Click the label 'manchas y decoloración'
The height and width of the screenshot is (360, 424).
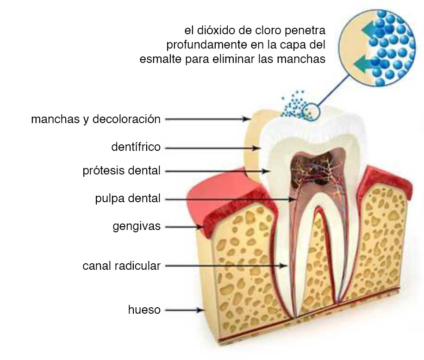(x=96, y=119)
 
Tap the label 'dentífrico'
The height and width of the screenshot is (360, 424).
(x=136, y=147)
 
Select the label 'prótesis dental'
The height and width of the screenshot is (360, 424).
(x=121, y=171)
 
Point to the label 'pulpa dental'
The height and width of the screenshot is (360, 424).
(x=128, y=199)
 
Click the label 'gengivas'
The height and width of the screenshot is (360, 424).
(x=137, y=226)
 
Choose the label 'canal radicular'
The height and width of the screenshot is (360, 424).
(x=121, y=266)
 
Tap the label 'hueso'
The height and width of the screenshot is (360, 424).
(x=144, y=310)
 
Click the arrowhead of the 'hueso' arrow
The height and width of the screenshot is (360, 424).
(x=200, y=310)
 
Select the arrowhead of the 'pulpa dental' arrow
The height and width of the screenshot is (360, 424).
(x=293, y=199)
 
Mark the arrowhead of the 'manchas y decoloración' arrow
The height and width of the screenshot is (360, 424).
(x=247, y=119)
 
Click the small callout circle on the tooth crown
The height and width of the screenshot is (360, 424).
(x=311, y=112)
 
